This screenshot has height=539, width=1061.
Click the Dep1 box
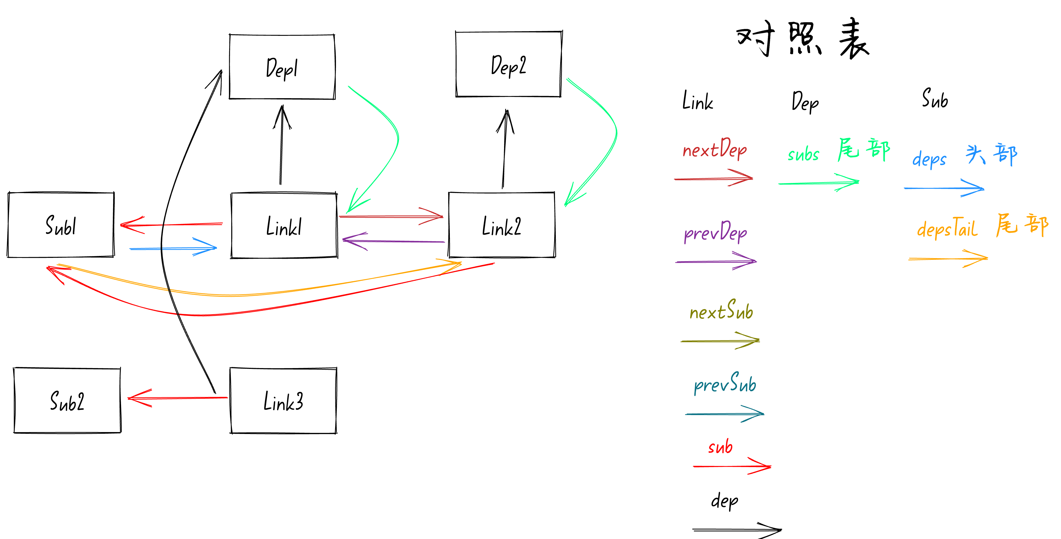click(282, 67)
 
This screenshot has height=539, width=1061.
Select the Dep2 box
click(509, 65)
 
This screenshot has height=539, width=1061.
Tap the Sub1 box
click(61, 225)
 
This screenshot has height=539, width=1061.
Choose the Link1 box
click(284, 226)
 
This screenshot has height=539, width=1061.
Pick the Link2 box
click(502, 226)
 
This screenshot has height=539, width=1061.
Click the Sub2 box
click(67, 401)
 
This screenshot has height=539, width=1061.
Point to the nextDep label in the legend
click(715, 149)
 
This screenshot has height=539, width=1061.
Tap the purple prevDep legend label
click(715, 232)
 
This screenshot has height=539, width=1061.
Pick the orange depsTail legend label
click(947, 228)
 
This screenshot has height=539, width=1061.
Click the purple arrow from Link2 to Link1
click(393, 241)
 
